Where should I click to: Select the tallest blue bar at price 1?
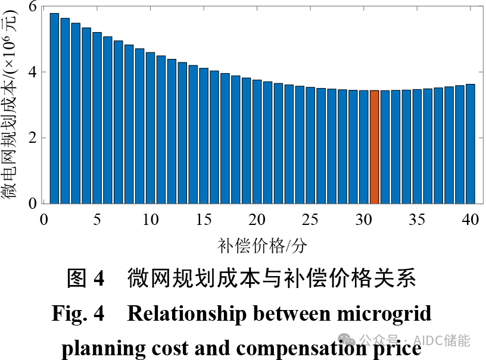(54, 108)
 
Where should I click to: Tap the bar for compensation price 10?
(150, 127)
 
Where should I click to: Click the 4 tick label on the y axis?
(32, 73)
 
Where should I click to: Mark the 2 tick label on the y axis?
(32, 138)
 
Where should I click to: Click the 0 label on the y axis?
(32, 204)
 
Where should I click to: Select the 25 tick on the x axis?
(310, 220)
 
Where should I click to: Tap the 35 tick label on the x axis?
(417, 220)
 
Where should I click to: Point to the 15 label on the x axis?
(204, 220)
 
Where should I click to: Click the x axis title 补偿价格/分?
(262, 245)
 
